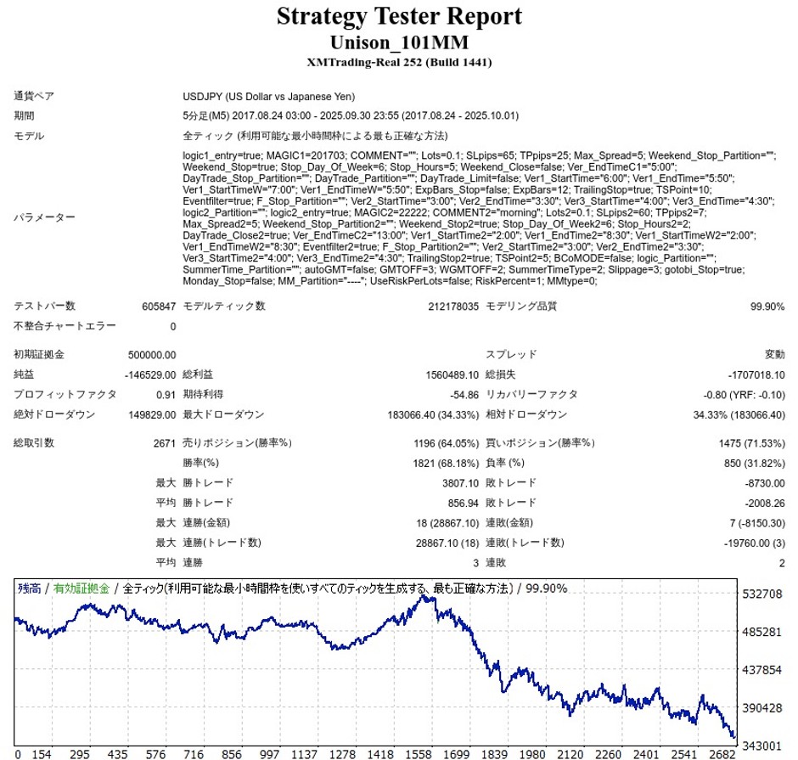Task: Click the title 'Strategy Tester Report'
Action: tap(399, 17)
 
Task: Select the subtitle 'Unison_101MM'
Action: tap(399, 42)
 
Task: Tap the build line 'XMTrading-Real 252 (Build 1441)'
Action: tap(399, 62)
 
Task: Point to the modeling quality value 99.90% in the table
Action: tap(767, 307)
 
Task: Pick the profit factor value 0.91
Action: tap(166, 395)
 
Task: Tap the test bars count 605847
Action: tap(160, 307)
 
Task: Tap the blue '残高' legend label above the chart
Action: tap(30, 588)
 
